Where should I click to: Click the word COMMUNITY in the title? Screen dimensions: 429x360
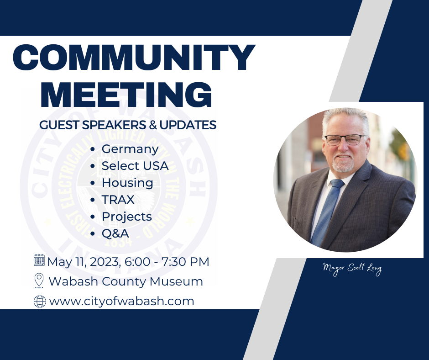[x=134, y=57]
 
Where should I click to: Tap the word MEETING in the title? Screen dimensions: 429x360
[x=126, y=94]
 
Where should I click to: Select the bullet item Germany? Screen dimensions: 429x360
[x=130, y=149]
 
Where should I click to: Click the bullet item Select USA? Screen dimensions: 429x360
[x=135, y=166]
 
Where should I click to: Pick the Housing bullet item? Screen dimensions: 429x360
[x=127, y=183]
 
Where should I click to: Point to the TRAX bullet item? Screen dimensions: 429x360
[x=118, y=200]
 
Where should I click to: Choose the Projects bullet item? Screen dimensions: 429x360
[x=127, y=217]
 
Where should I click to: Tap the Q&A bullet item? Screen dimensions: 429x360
[x=115, y=233]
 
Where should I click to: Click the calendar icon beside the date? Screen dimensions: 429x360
[x=39, y=260]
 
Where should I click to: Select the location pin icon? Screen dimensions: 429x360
[x=39, y=281]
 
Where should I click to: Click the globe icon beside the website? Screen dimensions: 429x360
[x=40, y=302]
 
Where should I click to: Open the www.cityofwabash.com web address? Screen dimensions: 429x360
[x=121, y=301]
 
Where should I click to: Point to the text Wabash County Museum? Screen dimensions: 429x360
[x=126, y=281]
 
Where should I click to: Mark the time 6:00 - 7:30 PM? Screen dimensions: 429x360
[x=167, y=262]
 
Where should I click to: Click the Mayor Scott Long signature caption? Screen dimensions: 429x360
[x=352, y=269]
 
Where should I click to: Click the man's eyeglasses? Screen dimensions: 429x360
[x=345, y=139]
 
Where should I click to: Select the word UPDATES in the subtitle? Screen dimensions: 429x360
[x=188, y=125]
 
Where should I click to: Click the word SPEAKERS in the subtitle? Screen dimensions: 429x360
[x=114, y=125]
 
